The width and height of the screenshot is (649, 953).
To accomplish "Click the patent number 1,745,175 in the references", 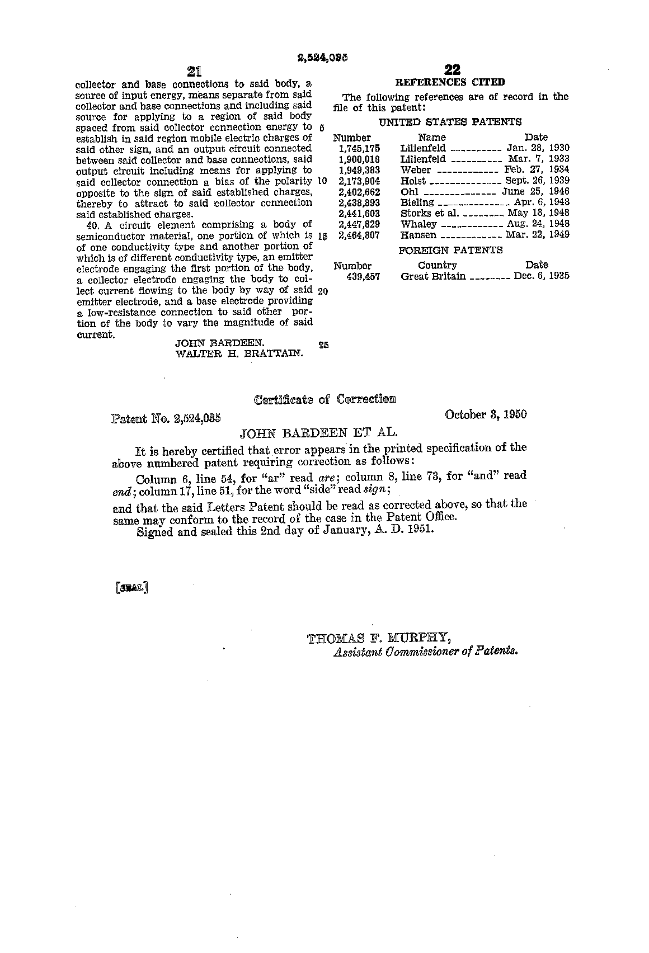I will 359,148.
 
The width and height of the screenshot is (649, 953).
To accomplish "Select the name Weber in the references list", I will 416,170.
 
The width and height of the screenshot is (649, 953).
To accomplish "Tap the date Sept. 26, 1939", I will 537,181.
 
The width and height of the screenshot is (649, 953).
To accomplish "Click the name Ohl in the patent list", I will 410,192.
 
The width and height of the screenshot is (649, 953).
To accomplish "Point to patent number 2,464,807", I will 359,235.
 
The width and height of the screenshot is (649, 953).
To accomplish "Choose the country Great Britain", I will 433,276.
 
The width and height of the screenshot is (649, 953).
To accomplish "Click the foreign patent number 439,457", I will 363,276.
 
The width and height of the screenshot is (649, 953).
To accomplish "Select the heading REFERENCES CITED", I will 450,82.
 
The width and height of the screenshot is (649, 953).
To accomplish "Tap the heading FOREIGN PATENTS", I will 450,250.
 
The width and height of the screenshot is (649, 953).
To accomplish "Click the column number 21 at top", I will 194,71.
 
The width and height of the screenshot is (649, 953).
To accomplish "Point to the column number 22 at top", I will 452,70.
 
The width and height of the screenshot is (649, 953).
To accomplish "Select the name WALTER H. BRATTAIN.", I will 239,353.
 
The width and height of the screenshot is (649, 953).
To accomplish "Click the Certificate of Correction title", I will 324,399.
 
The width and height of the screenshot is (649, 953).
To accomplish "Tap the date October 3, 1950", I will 486,414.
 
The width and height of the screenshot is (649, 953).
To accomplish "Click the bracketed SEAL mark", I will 131,588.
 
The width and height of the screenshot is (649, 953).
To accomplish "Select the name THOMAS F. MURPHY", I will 379,638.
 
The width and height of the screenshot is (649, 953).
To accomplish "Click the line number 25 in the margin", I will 323,345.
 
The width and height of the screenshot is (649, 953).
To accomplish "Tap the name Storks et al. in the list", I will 430,214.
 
